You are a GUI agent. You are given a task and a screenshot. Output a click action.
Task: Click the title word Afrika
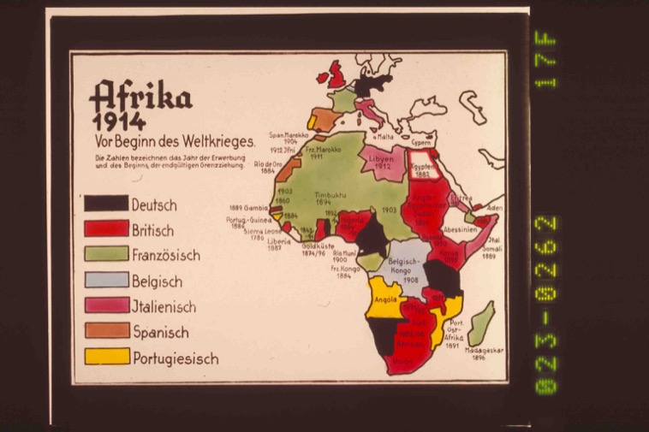[140, 96]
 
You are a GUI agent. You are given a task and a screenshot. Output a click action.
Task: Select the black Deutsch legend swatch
[106, 205]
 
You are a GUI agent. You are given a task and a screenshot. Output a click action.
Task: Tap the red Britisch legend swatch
[106, 230]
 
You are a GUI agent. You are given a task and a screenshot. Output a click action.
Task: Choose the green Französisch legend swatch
[106, 255]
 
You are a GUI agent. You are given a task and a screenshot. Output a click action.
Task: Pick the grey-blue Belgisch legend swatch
[106, 280]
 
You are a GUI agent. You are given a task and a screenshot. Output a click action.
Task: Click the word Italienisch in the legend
[164, 306]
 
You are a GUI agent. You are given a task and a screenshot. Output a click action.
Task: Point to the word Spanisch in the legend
[160, 331]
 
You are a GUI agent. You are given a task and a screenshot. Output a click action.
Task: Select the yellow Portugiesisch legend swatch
[106, 357]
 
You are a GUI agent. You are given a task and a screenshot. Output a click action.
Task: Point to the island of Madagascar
[481, 324]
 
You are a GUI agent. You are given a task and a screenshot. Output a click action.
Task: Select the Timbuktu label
[328, 197]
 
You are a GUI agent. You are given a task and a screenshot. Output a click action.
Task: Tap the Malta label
[382, 137]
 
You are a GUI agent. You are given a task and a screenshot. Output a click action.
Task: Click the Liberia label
[280, 243]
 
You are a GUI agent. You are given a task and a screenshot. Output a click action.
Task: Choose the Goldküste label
[316, 245]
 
